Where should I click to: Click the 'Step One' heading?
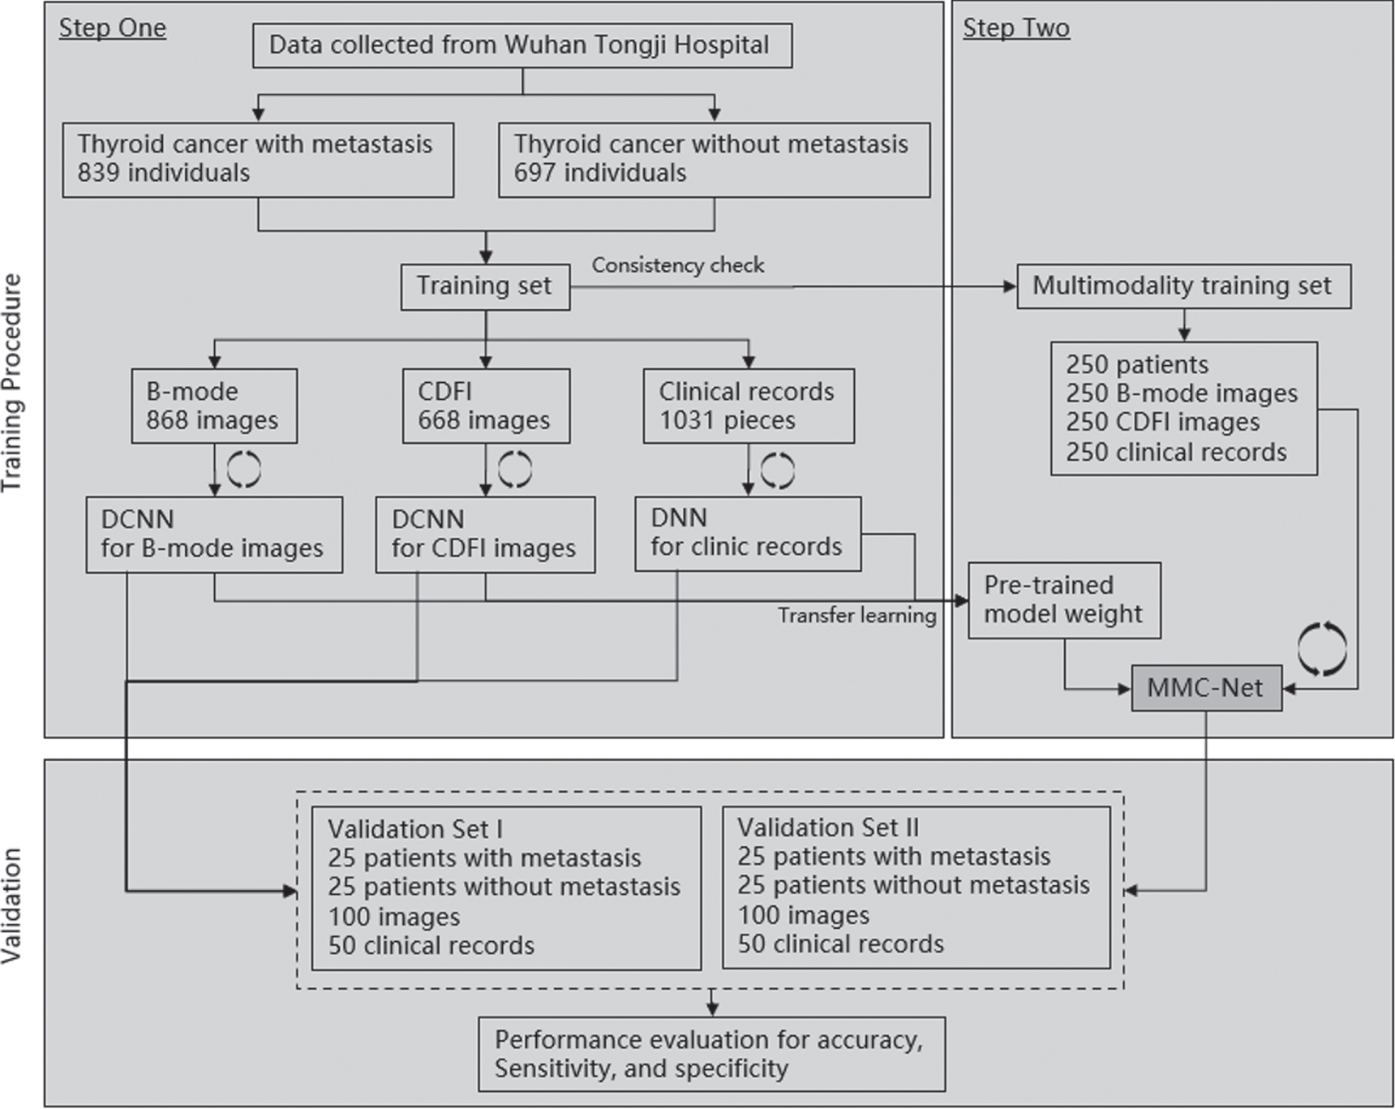click(x=112, y=28)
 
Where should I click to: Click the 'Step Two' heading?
click(x=1015, y=28)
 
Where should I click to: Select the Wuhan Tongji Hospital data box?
click(x=522, y=45)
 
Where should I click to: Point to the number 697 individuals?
click(x=599, y=173)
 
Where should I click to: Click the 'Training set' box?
click(x=485, y=286)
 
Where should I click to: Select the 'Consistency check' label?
click(x=677, y=265)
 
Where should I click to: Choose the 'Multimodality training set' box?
click(x=1183, y=286)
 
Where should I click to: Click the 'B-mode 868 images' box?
click(x=214, y=406)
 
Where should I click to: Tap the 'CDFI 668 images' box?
click(x=486, y=406)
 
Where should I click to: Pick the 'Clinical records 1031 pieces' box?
click(x=748, y=406)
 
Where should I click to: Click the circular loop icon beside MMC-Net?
click(x=1321, y=649)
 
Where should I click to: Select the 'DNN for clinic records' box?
click(x=747, y=533)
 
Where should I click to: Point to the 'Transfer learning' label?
click(x=857, y=616)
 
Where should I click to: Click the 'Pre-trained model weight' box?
click(x=1063, y=600)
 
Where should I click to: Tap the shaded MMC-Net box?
click(x=1206, y=689)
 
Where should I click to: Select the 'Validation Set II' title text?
click(x=827, y=827)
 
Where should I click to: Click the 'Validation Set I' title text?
click(x=414, y=829)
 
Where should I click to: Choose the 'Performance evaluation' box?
click(x=711, y=1054)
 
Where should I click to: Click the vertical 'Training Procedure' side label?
click(x=11, y=382)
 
